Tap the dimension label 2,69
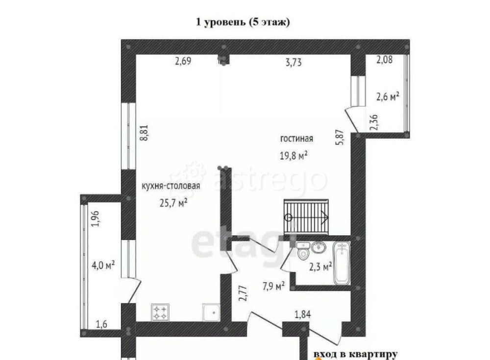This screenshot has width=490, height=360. coord(183,62)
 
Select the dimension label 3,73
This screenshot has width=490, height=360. coord(293,62)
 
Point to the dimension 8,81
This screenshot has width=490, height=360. coord(144,132)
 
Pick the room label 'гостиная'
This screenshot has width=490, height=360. coord(297,139)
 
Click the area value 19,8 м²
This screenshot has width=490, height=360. coord(293,156)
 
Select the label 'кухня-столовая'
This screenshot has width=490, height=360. coord(170,186)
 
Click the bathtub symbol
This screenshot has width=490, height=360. coord(342,264)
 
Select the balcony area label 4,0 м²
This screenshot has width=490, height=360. coord(103,265)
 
